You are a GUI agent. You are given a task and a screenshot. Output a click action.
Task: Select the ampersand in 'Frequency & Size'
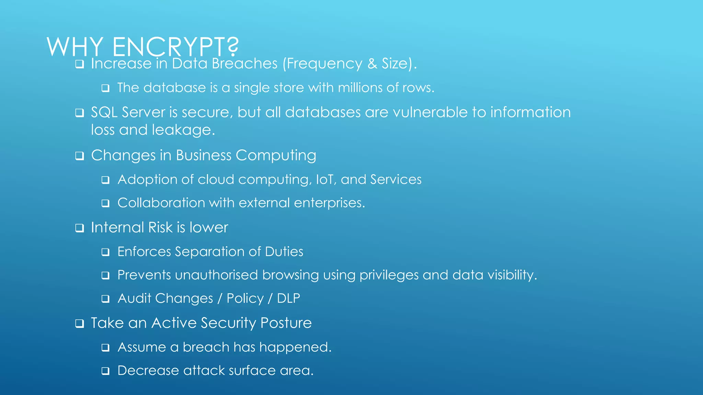click(x=372, y=64)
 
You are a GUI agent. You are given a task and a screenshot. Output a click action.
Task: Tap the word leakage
click(x=183, y=130)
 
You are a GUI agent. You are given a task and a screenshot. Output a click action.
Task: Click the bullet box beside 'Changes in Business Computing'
click(x=80, y=156)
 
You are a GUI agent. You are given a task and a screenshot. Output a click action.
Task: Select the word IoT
click(x=326, y=180)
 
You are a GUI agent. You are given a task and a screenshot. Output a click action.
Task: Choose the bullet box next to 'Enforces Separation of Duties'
click(x=106, y=253)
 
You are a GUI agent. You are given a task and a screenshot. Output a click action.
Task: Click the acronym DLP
click(x=288, y=298)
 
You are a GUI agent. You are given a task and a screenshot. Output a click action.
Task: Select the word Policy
click(x=245, y=298)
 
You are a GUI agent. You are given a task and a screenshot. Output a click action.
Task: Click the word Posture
click(x=286, y=323)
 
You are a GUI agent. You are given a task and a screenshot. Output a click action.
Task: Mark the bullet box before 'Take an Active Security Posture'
click(x=80, y=324)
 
